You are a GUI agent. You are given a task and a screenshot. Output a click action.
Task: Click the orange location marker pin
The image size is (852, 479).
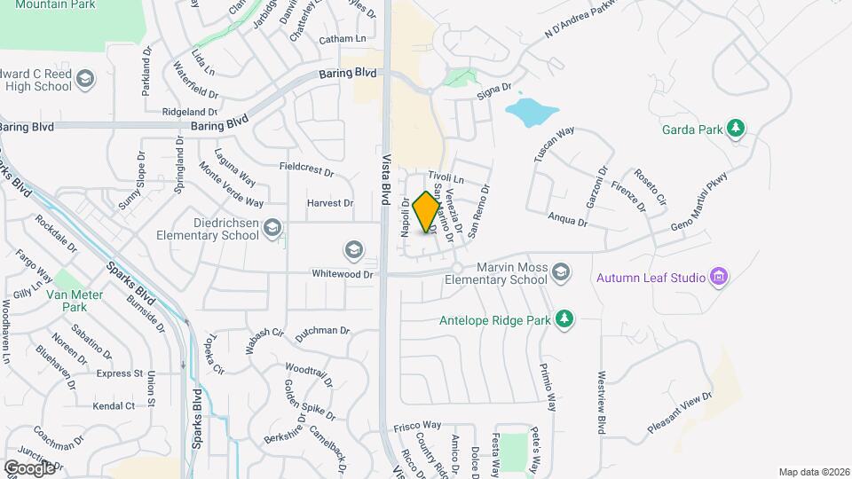(x=427, y=212)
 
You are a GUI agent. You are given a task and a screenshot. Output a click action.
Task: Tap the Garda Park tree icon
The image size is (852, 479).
(x=736, y=129)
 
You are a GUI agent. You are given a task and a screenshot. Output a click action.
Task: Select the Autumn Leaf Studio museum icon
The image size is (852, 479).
(x=720, y=278)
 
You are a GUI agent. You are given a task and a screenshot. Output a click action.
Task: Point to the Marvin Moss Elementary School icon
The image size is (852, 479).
(x=561, y=271)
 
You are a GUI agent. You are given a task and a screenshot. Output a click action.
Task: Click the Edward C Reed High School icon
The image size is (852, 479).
(x=84, y=81)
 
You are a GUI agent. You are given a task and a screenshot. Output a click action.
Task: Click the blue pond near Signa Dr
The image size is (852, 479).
(x=531, y=113)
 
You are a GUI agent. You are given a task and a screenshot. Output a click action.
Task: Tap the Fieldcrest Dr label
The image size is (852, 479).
(x=305, y=169)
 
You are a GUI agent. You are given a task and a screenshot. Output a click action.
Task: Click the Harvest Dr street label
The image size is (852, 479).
(x=329, y=203)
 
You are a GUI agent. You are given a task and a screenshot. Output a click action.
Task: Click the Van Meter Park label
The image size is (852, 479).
(x=68, y=301)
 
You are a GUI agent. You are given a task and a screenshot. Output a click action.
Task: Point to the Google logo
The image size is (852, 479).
(x=29, y=467)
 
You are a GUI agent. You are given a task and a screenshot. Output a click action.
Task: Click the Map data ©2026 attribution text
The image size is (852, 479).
(x=813, y=472)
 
